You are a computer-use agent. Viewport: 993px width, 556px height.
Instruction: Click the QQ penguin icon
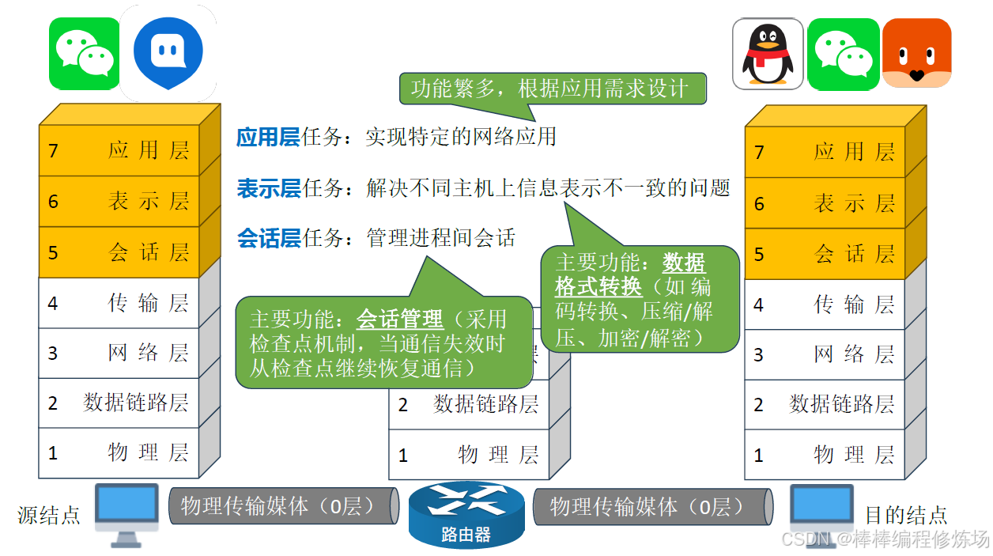[x=767, y=54]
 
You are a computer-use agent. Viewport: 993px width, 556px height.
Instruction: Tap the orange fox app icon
[x=916, y=53]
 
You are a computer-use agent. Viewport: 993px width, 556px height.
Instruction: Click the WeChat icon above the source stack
[x=85, y=54]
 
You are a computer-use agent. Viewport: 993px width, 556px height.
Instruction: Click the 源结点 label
[x=49, y=516]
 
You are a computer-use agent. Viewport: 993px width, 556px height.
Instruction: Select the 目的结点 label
[x=905, y=516]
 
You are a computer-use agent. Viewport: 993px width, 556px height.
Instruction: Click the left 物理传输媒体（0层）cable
[x=283, y=506]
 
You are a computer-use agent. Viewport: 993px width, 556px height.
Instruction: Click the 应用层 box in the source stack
[x=119, y=150]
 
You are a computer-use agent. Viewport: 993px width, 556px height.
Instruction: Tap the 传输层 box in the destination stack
[x=824, y=304]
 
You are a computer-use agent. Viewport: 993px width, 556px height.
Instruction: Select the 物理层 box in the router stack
[x=468, y=455]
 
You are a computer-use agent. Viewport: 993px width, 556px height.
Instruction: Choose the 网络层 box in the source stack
[x=119, y=353]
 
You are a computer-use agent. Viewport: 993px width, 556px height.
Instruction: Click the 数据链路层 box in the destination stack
[x=824, y=405]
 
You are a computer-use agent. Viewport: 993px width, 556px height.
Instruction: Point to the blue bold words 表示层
[x=268, y=188]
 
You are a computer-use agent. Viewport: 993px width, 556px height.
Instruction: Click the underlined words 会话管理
[x=400, y=320]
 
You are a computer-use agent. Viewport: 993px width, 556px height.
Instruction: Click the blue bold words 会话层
[x=268, y=237]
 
